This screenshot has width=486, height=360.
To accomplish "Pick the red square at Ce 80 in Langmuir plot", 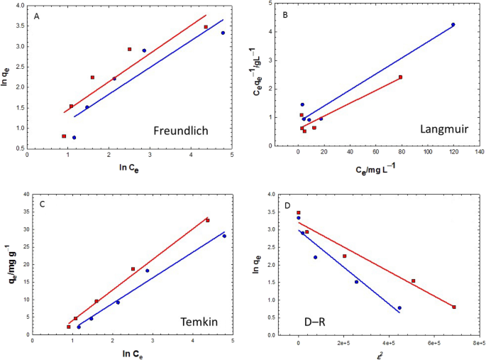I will [x=400, y=77].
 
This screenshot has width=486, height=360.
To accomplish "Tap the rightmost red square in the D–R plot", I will [x=453, y=307].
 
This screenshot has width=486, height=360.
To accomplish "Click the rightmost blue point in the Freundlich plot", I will [x=223, y=33].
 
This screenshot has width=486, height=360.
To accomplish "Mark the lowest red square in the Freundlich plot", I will [x=64, y=136].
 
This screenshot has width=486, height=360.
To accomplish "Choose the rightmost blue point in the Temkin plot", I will [x=224, y=236].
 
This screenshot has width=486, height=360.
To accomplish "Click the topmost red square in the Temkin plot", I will [x=208, y=220].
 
